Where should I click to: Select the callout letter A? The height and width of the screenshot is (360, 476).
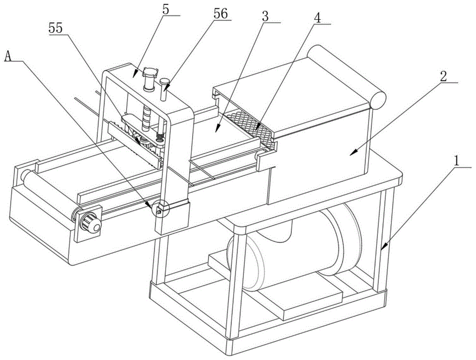pos(8,56)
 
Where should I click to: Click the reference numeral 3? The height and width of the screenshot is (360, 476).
pos(265,15)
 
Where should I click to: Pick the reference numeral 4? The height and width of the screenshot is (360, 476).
pos(317,16)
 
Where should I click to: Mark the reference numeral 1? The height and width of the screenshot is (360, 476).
pos(457,161)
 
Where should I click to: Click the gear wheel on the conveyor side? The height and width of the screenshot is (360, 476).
pos(90,222)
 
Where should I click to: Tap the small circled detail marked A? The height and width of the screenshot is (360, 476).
pos(159,208)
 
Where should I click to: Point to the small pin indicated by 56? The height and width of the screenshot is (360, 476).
pos(164,90)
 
